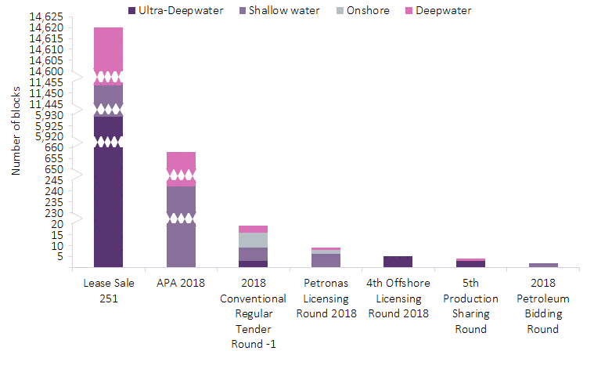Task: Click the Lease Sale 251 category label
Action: click(108, 291)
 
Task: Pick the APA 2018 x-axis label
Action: click(181, 284)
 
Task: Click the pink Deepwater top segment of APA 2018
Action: click(181, 161)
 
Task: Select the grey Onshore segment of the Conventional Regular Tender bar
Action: click(254, 240)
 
